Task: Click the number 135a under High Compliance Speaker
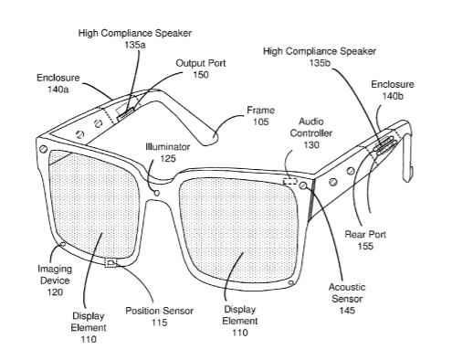(135, 45)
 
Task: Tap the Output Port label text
(201, 63)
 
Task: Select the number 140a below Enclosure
(58, 90)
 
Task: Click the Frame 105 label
(261, 116)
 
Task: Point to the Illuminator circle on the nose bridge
(157, 193)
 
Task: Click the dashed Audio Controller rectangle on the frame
(290, 181)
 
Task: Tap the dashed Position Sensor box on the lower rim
(110, 262)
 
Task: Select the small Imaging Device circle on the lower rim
(63, 244)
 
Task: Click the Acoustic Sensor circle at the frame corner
(303, 185)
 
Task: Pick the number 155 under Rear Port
(365, 246)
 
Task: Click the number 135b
(320, 63)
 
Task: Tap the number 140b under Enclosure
(393, 96)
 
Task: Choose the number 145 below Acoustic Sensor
(347, 311)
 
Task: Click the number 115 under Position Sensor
(160, 323)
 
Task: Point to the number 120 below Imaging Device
(55, 292)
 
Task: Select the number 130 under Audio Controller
(311, 144)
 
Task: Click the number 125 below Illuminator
(168, 158)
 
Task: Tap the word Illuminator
(168, 147)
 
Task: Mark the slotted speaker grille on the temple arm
(385, 144)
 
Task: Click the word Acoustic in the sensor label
(347, 287)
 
